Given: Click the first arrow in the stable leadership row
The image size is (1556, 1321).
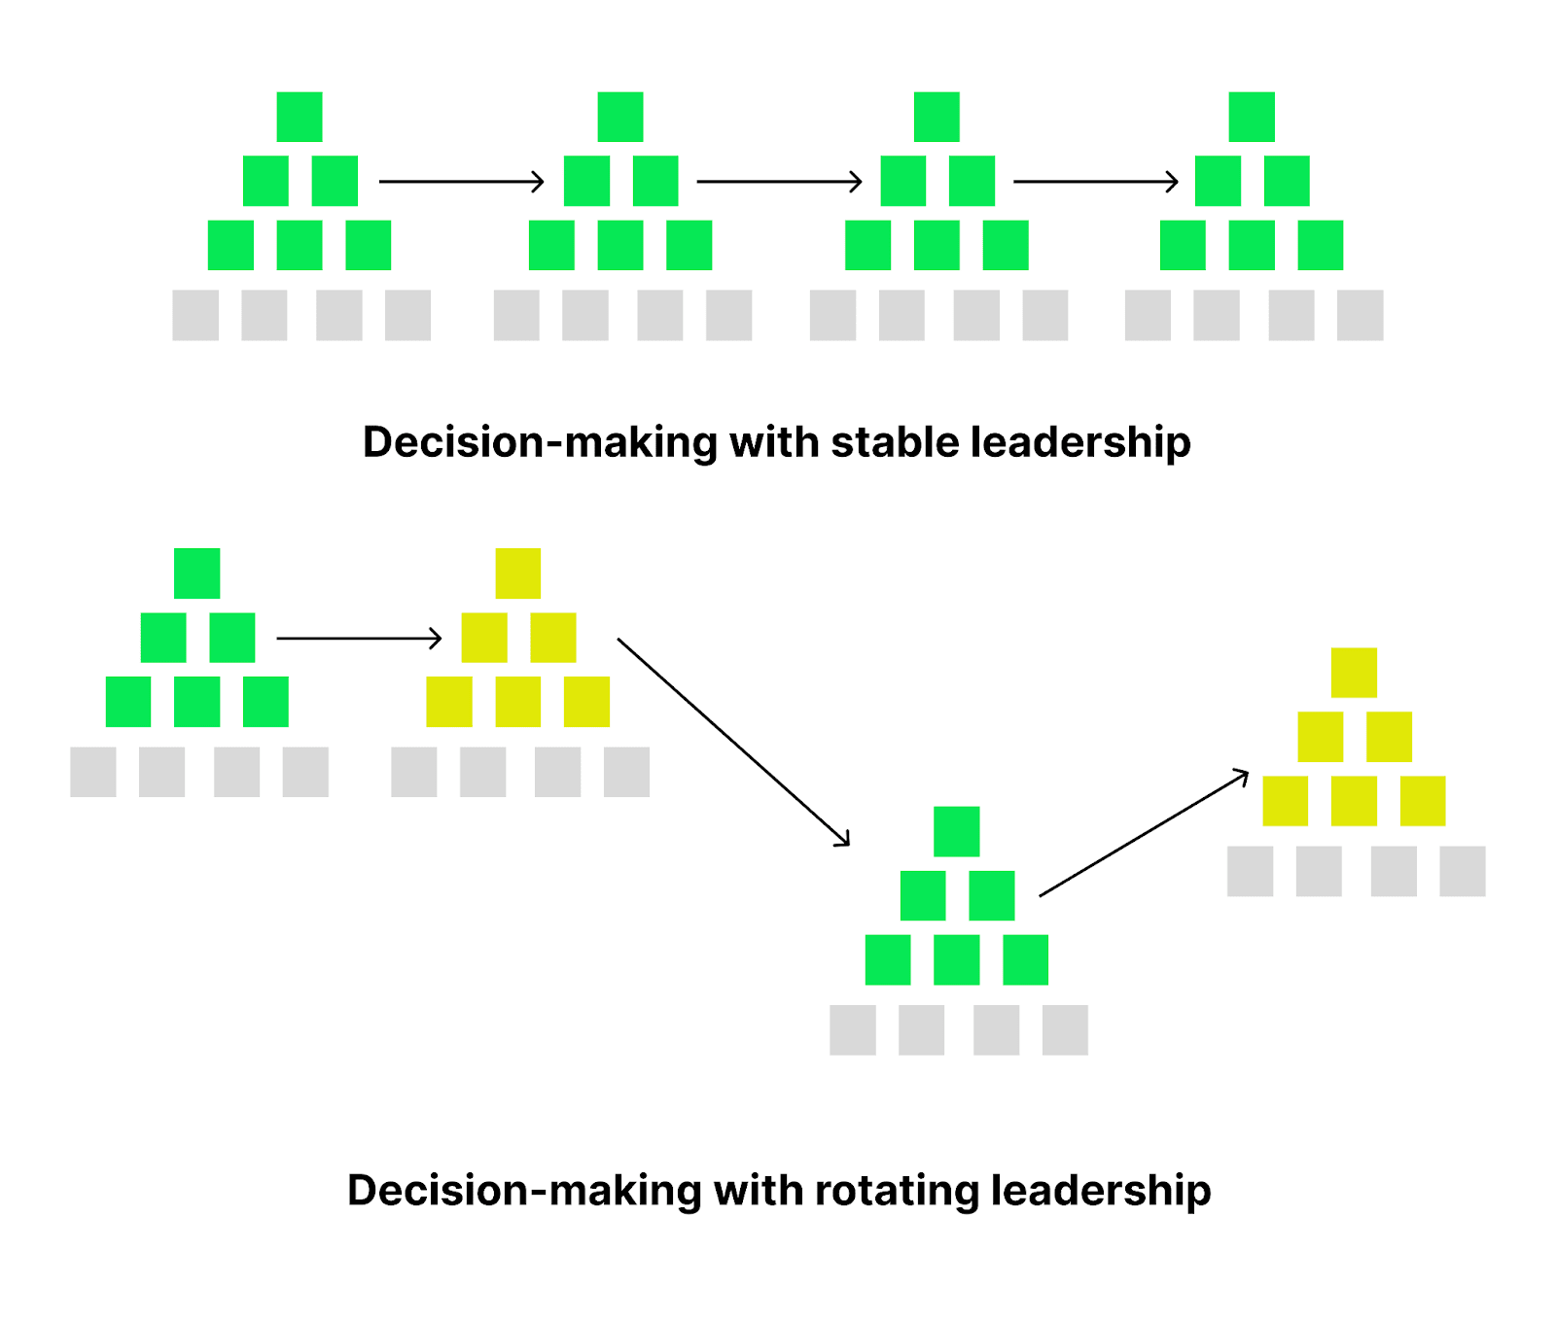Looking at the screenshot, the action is tap(462, 182).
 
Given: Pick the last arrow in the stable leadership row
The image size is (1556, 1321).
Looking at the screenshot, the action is tap(1096, 182).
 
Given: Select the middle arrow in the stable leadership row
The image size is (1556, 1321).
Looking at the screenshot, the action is tap(780, 182).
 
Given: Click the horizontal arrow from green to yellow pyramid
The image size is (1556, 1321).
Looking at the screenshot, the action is tap(360, 639).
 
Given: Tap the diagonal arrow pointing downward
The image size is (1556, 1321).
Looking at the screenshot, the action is tap(734, 742).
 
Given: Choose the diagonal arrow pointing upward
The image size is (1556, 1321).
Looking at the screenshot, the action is tap(1144, 833).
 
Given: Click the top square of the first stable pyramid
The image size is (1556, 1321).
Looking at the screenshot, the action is tap(300, 117).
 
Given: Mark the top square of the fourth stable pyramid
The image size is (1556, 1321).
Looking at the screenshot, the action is tap(1252, 117).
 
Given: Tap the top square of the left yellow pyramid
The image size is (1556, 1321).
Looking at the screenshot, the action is tap(518, 574).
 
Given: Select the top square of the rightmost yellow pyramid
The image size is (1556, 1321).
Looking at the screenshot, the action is tap(1354, 673).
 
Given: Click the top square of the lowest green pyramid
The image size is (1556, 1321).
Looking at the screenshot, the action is tap(957, 831).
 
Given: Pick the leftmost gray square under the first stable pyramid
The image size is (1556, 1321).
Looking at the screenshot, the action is tap(195, 315).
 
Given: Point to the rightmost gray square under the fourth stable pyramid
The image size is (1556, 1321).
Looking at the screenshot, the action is tap(1361, 315).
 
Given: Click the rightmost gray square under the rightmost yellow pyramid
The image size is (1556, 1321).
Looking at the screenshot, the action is tap(1463, 871).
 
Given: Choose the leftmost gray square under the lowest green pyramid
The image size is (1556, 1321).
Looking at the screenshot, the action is tap(853, 1029).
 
